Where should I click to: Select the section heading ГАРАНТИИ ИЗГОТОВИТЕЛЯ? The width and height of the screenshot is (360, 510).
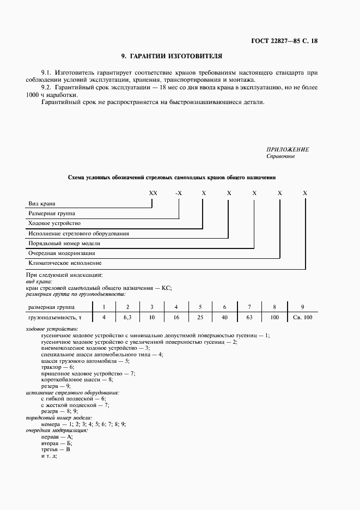(x=172, y=56)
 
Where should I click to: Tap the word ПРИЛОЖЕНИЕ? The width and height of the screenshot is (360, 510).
(x=288, y=149)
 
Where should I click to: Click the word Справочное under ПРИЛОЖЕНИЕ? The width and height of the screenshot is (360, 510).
(x=280, y=156)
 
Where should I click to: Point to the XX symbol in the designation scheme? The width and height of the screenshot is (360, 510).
(x=153, y=193)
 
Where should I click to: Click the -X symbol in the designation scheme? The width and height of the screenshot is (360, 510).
(x=178, y=193)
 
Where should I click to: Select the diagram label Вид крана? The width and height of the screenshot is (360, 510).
(x=42, y=204)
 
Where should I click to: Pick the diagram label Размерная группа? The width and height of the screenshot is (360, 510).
(x=52, y=214)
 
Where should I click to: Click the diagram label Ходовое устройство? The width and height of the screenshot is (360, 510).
(x=54, y=223)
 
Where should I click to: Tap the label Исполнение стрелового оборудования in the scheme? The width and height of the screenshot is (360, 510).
(x=78, y=233)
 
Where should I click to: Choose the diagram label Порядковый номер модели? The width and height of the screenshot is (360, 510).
(x=64, y=243)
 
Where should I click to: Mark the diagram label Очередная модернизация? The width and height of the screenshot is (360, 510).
(x=62, y=253)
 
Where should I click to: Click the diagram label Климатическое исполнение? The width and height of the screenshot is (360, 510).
(x=65, y=263)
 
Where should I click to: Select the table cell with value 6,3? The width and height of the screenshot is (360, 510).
(x=127, y=317)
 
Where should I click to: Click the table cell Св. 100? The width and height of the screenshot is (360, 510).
(x=302, y=317)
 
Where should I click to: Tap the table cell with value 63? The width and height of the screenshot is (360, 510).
(x=249, y=317)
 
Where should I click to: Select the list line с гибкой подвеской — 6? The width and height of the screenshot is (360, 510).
(x=74, y=399)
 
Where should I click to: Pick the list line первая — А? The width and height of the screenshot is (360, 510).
(x=57, y=436)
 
